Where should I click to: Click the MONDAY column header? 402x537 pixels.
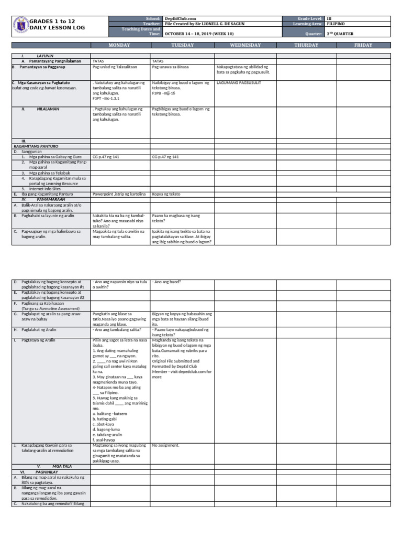[x=120, y=45]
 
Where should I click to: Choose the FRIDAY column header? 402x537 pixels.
[x=363, y=45]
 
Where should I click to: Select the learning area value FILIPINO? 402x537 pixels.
[x=336, y=24]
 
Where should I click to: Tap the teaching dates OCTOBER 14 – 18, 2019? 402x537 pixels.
[x=199, y=34]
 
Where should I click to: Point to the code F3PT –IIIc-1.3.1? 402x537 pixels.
[x=106, y=98]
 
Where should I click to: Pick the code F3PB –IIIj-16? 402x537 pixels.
[x=163, y=93]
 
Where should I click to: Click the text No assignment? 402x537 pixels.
[x=165, y=445]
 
